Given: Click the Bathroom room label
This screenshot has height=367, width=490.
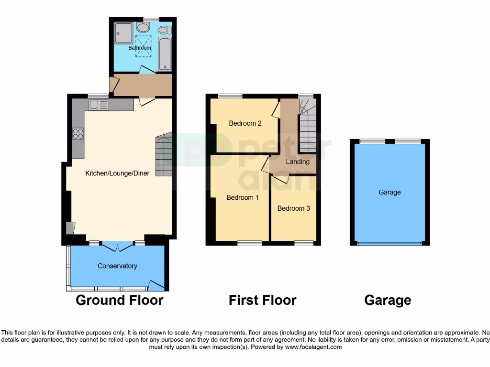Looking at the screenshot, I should [139, 48].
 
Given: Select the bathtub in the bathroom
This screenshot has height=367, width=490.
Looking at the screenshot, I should [165, 54].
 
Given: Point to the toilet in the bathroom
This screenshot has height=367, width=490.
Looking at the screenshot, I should [164, 30].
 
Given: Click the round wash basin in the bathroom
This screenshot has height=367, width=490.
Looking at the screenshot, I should [143, 28].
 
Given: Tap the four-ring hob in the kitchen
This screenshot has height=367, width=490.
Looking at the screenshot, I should [78, 134].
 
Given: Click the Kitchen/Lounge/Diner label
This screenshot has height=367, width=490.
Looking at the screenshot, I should [117, 173].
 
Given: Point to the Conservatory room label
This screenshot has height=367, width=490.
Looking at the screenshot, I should [117, 266].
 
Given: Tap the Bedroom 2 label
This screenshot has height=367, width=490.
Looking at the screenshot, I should [245, 123].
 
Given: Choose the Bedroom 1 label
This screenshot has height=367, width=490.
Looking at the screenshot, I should [243, 197].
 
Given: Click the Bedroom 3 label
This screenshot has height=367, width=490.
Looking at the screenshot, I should [293, 208].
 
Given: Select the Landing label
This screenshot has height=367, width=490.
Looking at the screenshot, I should [298, 162].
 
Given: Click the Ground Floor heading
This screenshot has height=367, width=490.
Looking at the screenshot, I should [120, 300].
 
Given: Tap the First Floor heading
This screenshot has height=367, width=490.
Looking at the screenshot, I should [262, 300].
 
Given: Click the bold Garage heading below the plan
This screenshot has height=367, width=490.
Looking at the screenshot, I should [388, 300].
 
